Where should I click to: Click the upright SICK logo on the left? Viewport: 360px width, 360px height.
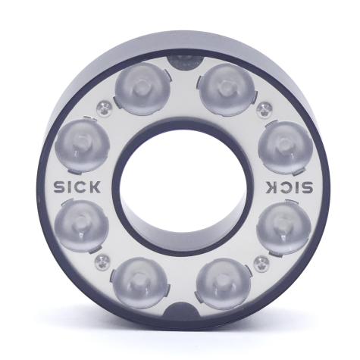pyautogui.click(x=77, y=186)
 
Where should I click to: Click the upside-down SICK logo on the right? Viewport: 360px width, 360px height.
pyautogui.click(x=289, y=187)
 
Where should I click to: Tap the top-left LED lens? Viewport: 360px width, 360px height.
pyautogui.click(x=142, y=89)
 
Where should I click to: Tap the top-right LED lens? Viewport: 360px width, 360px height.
pyautogui.click(x=227, y=89)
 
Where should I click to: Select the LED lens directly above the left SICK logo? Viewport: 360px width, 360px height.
pyautogui.click(x=82, y=146)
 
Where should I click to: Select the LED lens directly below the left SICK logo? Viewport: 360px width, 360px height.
pyautogui.click(x=82, y=226)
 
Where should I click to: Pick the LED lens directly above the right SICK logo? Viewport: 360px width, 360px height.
pyautogui.click(x=286, y=148)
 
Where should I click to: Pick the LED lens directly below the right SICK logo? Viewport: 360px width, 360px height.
pyautogui.click(x=284, y=227)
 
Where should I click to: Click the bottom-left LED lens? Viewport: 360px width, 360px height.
pyautogui.click(x=139, y=283)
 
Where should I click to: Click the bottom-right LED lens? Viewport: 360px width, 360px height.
pyautogui.click(x=224, y=283)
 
